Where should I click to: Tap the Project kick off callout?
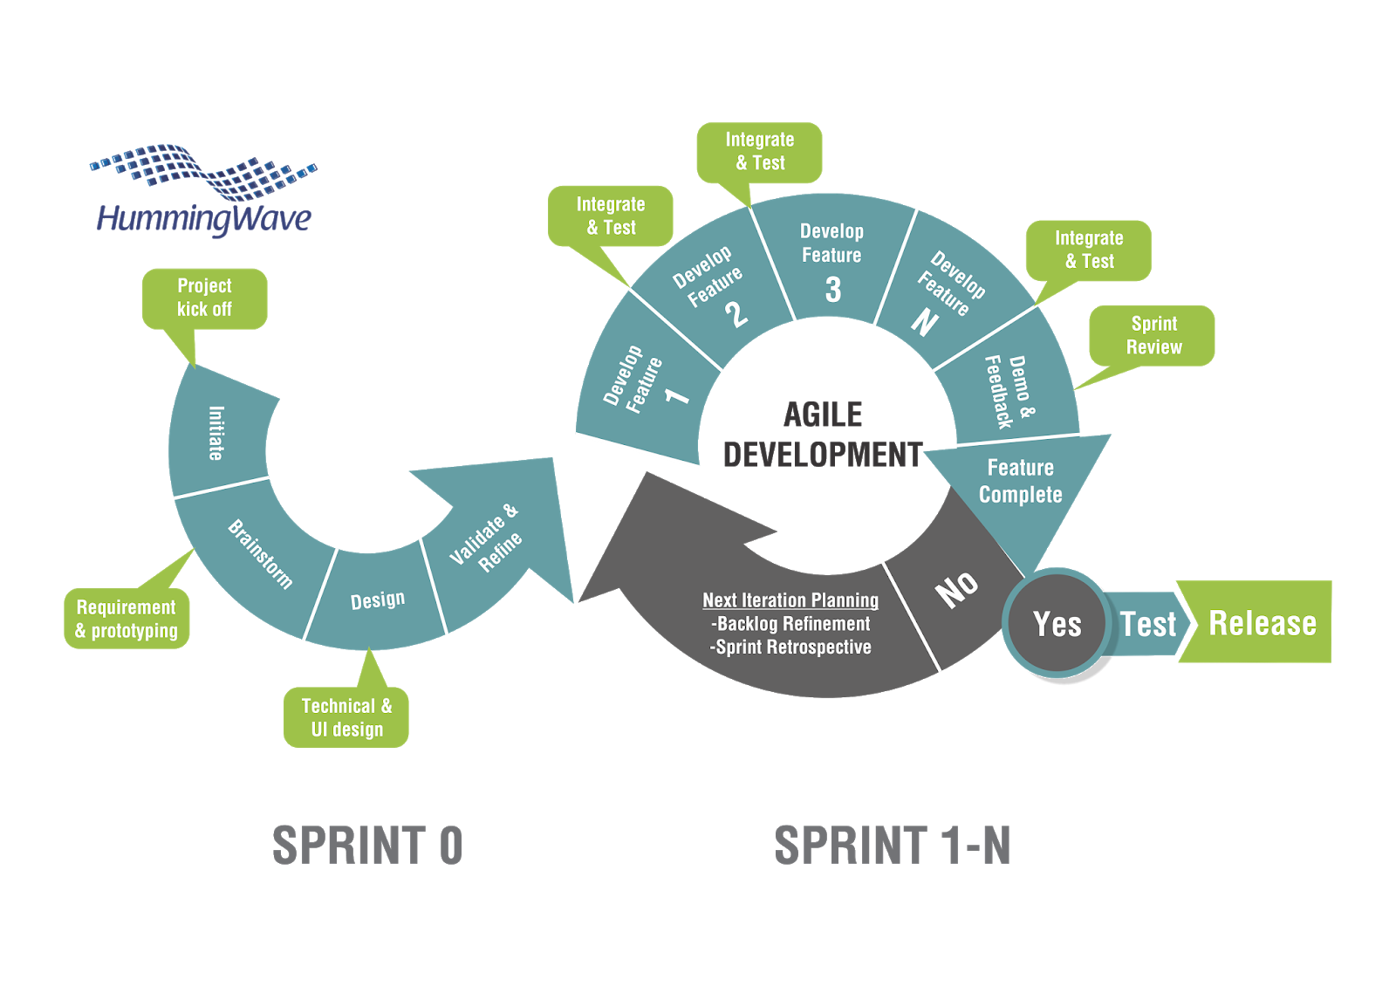coord(204,298)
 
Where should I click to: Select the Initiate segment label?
coord(216,433)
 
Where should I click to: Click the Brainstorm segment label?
coord(260,554)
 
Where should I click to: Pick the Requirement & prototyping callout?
coord(127,619)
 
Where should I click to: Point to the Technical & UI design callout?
coord(346,717)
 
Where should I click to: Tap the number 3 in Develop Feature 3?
coord(833,290)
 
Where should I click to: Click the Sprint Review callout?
coord(1153,335)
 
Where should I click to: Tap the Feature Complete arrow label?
coord(1020,481)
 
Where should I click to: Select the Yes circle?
coord(1057,624)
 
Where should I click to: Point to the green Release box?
coord(1262,623)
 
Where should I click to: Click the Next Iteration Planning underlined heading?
coord(790,600)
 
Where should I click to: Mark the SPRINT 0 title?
coord(367,846)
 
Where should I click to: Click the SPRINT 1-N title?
coord(892,846)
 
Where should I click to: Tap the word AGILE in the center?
coord(823,415)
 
